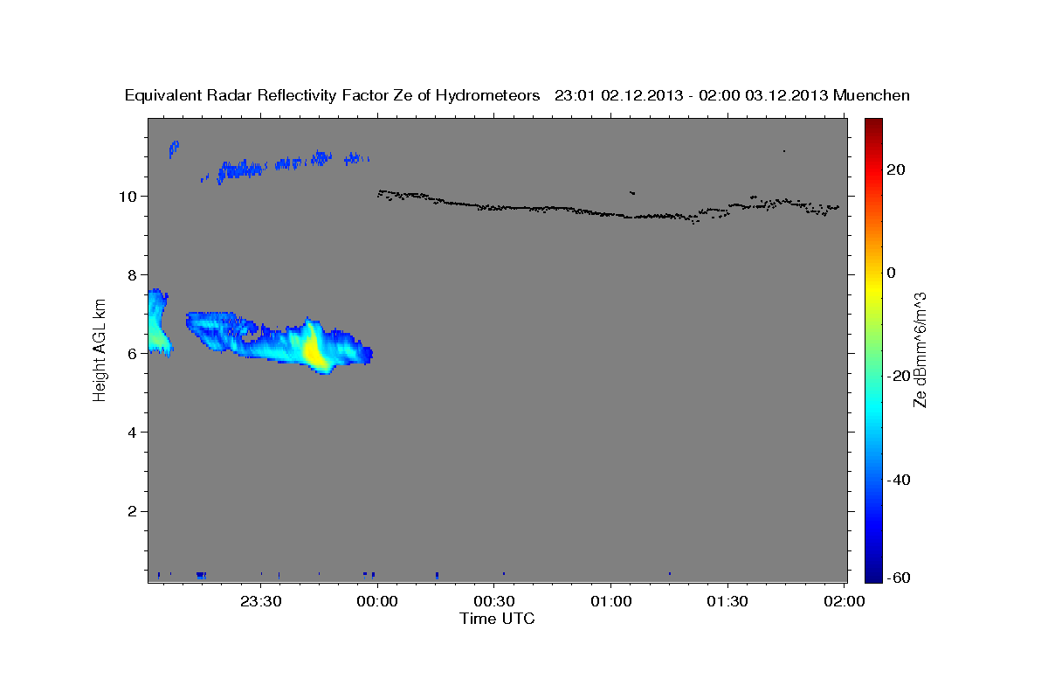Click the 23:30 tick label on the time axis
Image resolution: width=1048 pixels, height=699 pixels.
pos(261,601)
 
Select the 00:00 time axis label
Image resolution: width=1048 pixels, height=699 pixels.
pos(378,601)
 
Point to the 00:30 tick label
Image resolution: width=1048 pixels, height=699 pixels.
pos(494,601)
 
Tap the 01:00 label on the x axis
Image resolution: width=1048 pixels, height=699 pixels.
pos(610,601)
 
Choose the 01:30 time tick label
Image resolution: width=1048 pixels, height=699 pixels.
pos(727,601)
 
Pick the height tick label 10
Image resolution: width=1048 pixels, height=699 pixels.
pos(127,196)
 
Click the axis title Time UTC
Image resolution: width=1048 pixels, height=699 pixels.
pos(497,619)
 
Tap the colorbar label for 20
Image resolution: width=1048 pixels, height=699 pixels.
pos(894,170)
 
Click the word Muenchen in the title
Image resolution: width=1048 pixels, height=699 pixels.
pos(872,95)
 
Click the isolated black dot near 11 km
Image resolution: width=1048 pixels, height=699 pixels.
pos(784,151)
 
